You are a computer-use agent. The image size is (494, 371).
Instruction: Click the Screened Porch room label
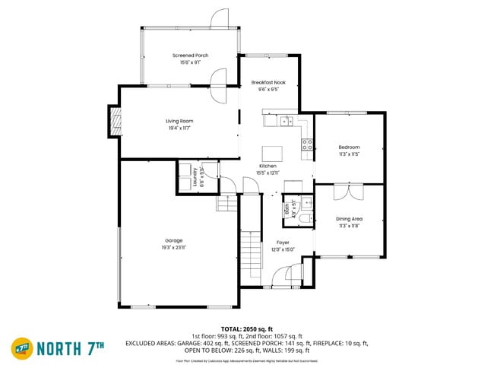(190, 55)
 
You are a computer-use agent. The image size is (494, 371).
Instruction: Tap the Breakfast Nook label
(268, 82)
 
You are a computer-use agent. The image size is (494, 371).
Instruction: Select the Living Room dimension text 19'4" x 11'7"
(179, 128)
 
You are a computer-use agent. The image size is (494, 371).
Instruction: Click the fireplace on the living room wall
(114, 122)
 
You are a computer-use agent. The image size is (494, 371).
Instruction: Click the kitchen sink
(285, 120)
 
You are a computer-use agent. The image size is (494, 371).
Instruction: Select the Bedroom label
(349, 147)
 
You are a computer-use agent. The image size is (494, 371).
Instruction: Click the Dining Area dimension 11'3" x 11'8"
(349, 226)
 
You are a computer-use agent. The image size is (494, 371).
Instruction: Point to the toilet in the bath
(302, 218)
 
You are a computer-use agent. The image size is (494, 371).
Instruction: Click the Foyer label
(283, 243)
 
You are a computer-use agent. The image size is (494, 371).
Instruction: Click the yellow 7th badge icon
(21, 348)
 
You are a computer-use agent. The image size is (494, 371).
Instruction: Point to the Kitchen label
(268, 166)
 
